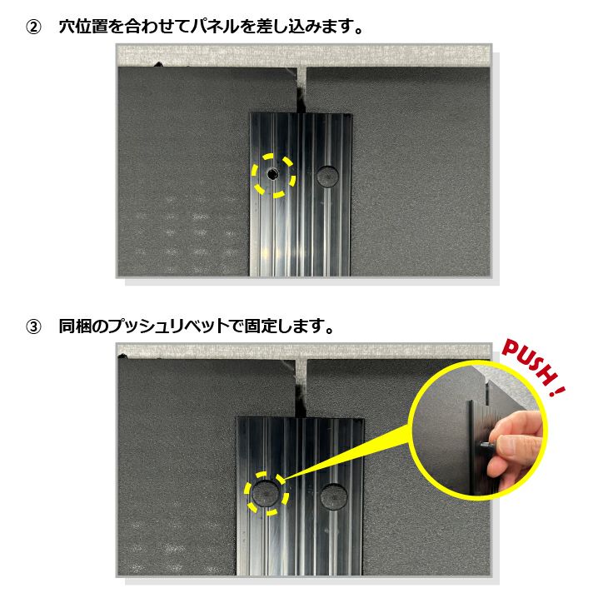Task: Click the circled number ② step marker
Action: (x=33, y=27)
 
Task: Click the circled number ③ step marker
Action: (x=33, y=326)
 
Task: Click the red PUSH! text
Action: (x=533, y=367)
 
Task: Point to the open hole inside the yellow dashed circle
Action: (x=272, y=175)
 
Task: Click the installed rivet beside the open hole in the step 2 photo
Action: (x=327, y=176)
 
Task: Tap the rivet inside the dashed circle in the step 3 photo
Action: (x=266, y=493)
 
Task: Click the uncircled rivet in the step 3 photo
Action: (x=333, y=496)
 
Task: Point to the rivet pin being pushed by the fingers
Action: (x=486, y=446)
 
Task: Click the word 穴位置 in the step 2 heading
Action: (x=83, y=27)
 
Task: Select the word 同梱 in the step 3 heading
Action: (x=75, y=326)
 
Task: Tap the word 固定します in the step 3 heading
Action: (x=284, y=326)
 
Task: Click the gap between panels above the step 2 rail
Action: (x=301, y=90)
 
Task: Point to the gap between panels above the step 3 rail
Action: (x=301, y=388)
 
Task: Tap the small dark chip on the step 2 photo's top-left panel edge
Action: (x=157, y=64)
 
